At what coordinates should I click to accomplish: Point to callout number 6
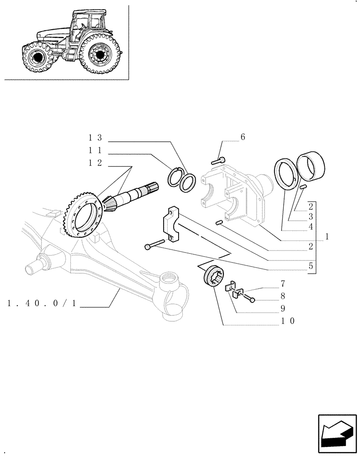coord(243,137)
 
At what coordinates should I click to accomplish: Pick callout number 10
coord(288,321)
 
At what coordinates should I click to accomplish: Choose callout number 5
coord(310,265)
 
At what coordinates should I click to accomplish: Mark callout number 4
coord(310,226)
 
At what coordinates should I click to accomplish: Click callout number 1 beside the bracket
coord(327,237)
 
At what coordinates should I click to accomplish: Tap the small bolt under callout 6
coord(218,160)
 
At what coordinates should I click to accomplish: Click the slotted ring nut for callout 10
coord(212,276)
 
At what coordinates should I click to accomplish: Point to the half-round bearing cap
coord(174,224)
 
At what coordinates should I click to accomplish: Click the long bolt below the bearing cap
coord(156,244)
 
